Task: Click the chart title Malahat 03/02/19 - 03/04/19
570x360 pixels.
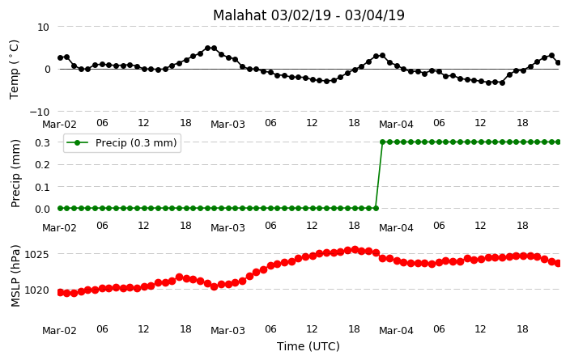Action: pos(308,15)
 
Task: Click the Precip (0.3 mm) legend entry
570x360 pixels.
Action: pos(121,142)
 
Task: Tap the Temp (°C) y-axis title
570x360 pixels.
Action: pos(14,70)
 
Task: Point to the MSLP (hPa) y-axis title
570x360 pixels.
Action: pos(15,276)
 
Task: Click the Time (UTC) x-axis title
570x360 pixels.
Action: pos(308,346)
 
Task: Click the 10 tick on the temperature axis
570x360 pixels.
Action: pos(43,27)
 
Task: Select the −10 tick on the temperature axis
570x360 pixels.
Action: pos(39,112)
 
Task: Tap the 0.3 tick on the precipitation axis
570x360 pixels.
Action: pos(42,142)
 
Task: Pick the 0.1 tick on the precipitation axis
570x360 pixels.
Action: pos(42,187)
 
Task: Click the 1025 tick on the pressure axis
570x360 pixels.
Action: pos(36,254)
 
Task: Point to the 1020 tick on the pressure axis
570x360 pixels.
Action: pos(36,290)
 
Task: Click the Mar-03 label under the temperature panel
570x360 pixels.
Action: pos(228,125)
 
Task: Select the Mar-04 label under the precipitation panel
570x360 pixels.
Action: pos(396,228)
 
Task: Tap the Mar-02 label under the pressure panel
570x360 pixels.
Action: pos(59,331)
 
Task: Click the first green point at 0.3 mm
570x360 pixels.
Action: pos(383,142)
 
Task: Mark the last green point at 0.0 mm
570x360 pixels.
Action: pos(376,208)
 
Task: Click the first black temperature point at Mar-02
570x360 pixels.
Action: pos(61,57)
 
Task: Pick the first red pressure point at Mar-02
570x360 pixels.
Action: pos(61,292)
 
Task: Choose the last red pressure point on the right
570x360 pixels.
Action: pos(559,263)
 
